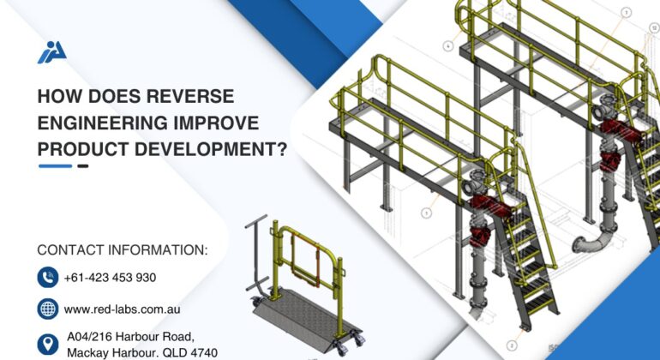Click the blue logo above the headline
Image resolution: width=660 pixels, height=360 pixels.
click(51, 52)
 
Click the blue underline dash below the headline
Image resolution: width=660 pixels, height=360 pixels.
click(55, 166)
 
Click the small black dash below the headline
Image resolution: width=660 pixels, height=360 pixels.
click(83, 166)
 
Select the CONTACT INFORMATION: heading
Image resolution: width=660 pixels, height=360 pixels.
click(123, 250)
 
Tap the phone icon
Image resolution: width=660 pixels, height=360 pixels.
click(47, 277)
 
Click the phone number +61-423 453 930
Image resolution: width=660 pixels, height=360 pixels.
click(110, 278)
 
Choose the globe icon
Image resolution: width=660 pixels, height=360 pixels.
click(47, 309)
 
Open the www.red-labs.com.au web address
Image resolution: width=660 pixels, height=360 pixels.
click(122, 309)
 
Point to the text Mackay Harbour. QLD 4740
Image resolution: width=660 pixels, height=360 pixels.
click(141, 352)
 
